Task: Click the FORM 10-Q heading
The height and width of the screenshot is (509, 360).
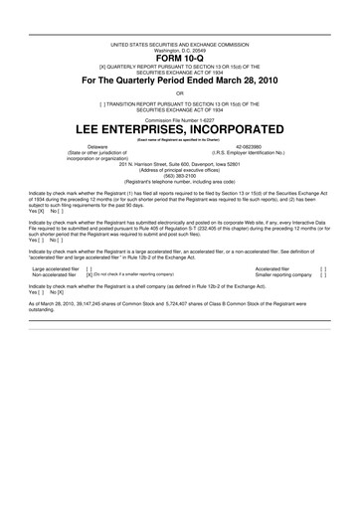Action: (180, 58)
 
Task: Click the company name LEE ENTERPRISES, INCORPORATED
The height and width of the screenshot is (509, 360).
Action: (180, 129)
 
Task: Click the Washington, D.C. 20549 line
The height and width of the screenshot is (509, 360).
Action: (180, 50)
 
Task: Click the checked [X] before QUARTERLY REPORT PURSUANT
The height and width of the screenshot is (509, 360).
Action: (120, 67)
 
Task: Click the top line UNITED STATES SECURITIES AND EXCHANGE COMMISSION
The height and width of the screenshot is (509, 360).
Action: (180, 44)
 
